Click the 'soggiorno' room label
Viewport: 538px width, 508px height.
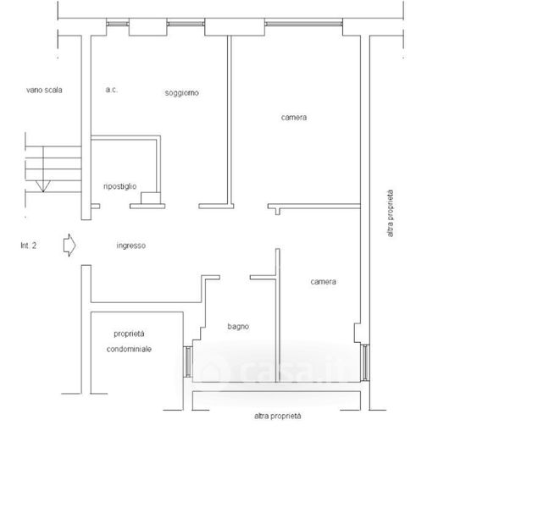click(x=181, y=93)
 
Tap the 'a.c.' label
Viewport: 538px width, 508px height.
click(x=112, y=90)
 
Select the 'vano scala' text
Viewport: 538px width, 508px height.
click(x=44, y=90)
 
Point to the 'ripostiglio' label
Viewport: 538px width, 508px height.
click(x=120, y=186)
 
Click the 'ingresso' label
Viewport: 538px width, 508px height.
click(x=131, y=246)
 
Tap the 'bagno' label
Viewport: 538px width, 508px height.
click(x=238, y=326)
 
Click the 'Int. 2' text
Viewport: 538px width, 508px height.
click(x=29, y=246)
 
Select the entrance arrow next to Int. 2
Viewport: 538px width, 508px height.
click(x=69, y=245)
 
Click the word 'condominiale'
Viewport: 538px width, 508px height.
click(x=129, y=349)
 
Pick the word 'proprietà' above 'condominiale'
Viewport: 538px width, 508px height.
click(x=129, y=334)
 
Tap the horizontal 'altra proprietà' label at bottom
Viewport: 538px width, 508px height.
click(x=278, y=416)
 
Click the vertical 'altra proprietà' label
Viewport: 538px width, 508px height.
click(x=390, y=213)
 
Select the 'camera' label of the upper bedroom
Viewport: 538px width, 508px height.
click(x=294, y=117)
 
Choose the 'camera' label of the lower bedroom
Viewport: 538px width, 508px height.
click(x=323, y=281)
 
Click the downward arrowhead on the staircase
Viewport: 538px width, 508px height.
click(x=43, y=186)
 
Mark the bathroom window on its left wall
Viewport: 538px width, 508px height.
click(x=188, y=362)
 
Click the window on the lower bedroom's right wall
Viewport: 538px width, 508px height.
click(x=365, y=363)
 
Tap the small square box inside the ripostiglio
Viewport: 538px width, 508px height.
click(x=151, y=198)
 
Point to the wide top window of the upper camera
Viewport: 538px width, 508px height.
click(x=303, y=24)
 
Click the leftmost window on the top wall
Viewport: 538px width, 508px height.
click(x=118, y=24)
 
